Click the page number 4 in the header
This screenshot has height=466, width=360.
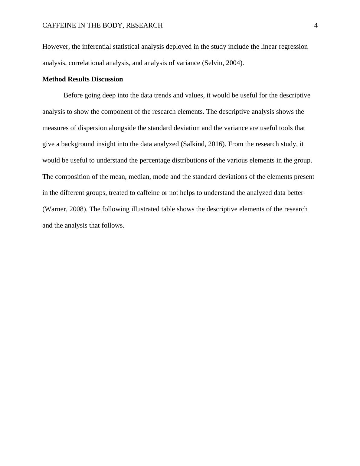316,25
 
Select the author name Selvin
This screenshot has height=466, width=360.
213,63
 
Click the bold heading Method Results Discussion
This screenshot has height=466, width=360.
83,79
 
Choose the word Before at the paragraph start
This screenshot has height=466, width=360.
73,95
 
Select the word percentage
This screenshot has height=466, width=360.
155,160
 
